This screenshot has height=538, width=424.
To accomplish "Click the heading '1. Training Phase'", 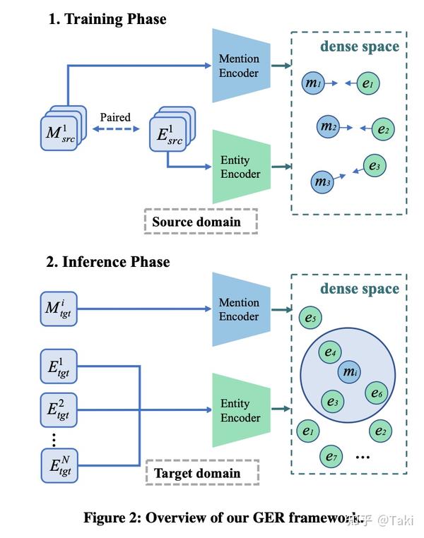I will pyautogui.click(x=107, y=19).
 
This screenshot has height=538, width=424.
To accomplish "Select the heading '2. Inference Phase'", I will pyautogui.click(x=108, y=262).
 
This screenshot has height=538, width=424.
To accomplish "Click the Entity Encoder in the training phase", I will pyautogui.click(x=241, y=167).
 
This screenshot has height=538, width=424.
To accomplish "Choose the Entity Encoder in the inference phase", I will pyautogui.click(x=241, y=410).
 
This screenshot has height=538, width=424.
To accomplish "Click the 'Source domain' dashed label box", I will pyautogui.click(x=201, y=221).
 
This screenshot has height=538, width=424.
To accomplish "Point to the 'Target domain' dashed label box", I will pyautogui.click(x=201, y=472).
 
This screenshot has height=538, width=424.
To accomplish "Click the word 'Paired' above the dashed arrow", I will pyautogui.click(x=115, y=117).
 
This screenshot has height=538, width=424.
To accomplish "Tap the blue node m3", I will pyautogui.click(x=322, y=182).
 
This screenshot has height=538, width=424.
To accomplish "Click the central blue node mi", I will pyautogui.click(x=348, y=371).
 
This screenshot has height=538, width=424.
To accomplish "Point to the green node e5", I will pyautogui.click(x=310, y=317).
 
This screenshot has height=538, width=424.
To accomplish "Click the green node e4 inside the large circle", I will pyautogui.click(x=330, y=352).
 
